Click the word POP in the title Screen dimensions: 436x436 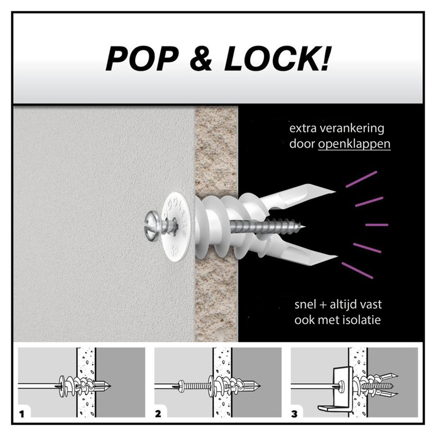click(x=142, y=59)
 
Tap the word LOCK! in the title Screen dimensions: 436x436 click(x=278, y=59)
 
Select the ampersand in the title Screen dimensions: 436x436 click(x=201, y=59)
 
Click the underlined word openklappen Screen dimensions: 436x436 click(x=354, y=144)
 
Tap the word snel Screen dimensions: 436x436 click(x=305, y=305)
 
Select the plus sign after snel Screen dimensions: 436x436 click(x=323, y=305)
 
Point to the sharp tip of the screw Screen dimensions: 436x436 click(x=305, y=227)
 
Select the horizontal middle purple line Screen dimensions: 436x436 click(x=377, y=225)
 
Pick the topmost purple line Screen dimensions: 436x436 click(x=361, y=179)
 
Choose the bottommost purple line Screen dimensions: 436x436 click(x=358, y=270)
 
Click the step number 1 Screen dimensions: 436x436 click(x=22, y=414)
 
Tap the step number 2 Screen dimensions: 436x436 click(x=158, y=414)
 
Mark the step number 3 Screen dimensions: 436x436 click(x=294, y=414)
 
